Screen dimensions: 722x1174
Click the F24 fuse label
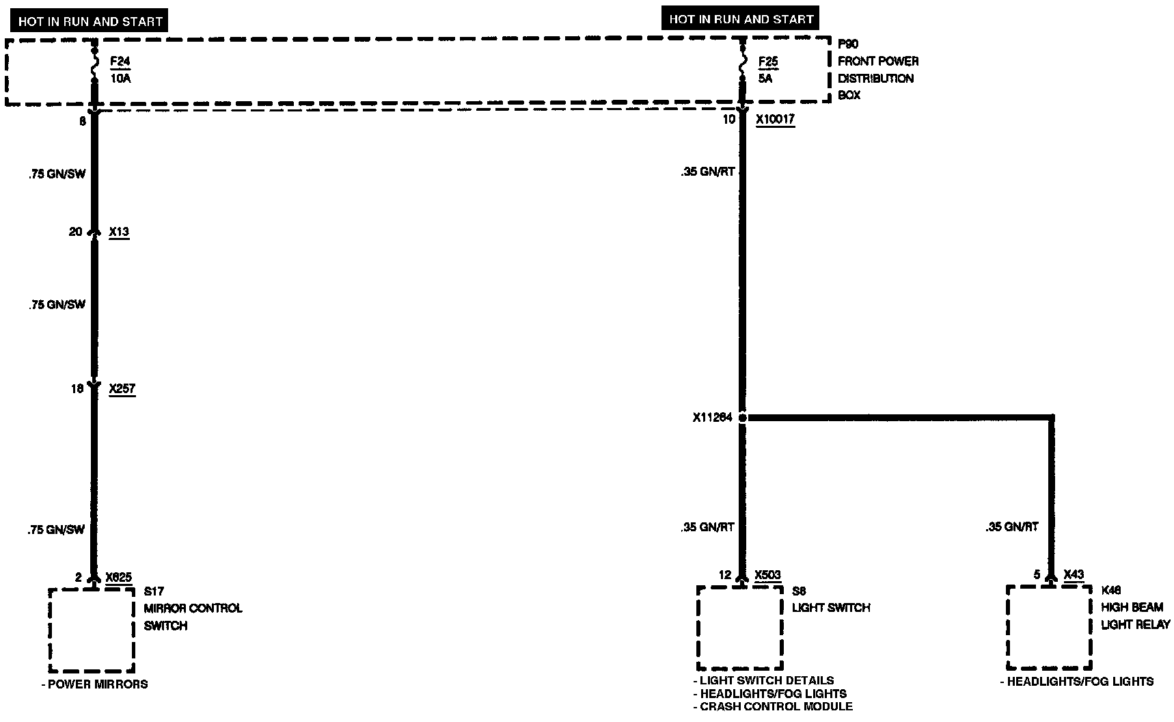[120, 62]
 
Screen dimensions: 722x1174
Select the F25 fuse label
[768, 62]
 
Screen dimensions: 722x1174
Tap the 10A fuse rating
[120, 79]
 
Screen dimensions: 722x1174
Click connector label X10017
[775, 120]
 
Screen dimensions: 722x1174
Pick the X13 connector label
[119, 232]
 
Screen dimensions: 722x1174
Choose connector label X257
[122, 389]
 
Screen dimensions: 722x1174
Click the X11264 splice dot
[743, 417]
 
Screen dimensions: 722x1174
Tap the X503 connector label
[767, 575]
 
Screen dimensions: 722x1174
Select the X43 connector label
[1074, 575]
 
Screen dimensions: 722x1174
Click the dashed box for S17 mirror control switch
[92, 630]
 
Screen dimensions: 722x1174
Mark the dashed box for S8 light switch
[739, 628]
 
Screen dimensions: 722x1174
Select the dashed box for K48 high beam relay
[1049, 627]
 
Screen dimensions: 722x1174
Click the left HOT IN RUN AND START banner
[90, 21]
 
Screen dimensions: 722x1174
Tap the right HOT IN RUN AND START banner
[741, 19]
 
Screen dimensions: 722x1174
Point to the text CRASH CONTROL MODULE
[776, 706]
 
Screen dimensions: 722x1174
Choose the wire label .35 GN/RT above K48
[1011, 527]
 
